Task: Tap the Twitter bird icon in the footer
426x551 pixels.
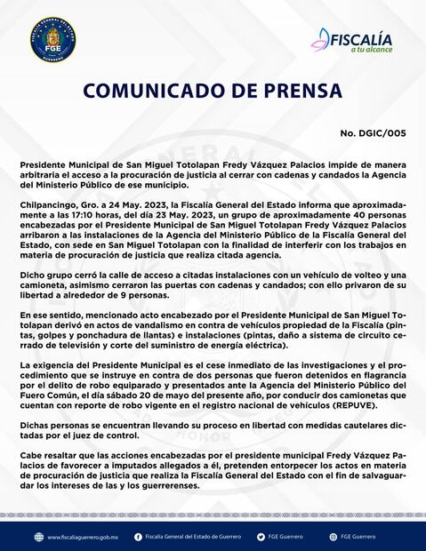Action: tap(260, 537)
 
